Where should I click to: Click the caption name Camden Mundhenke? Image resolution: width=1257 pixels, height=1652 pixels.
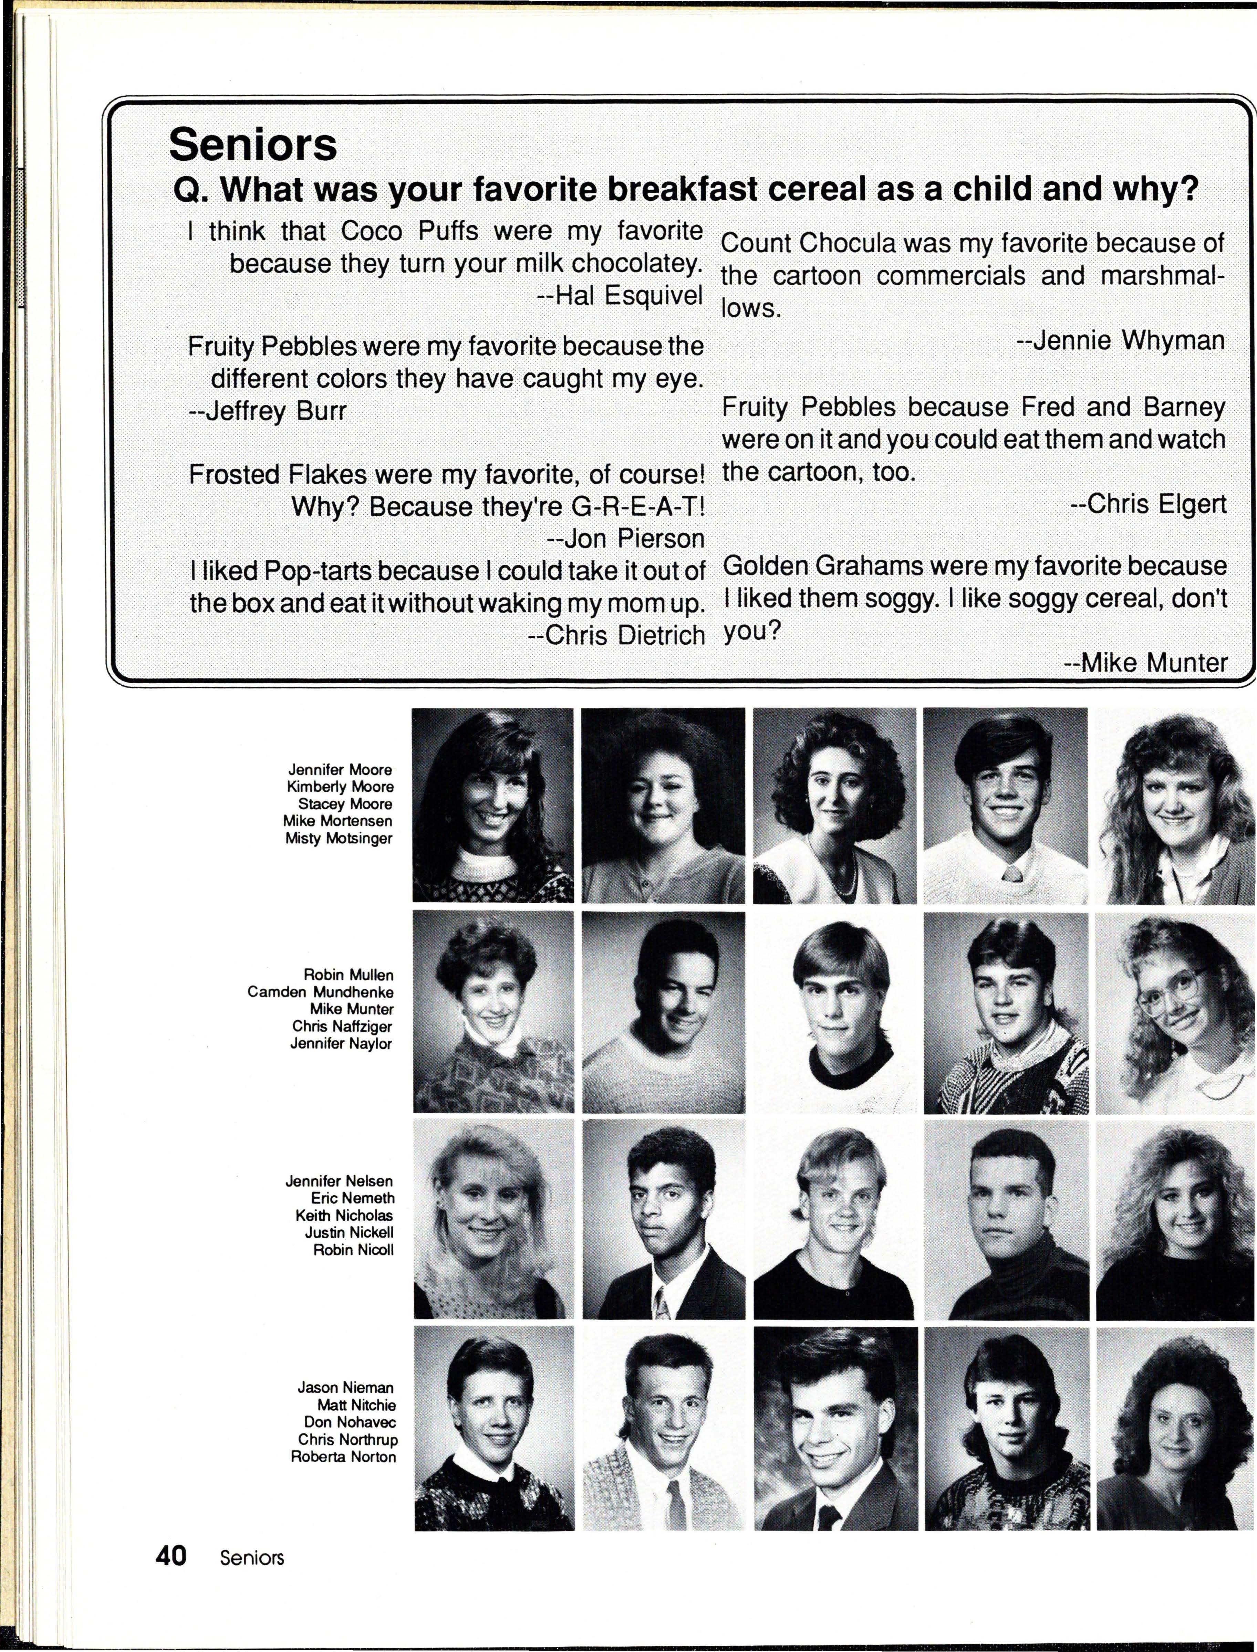(x=320, y=992)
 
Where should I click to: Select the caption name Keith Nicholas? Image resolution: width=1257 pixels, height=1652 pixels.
(x=344, y=1215)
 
